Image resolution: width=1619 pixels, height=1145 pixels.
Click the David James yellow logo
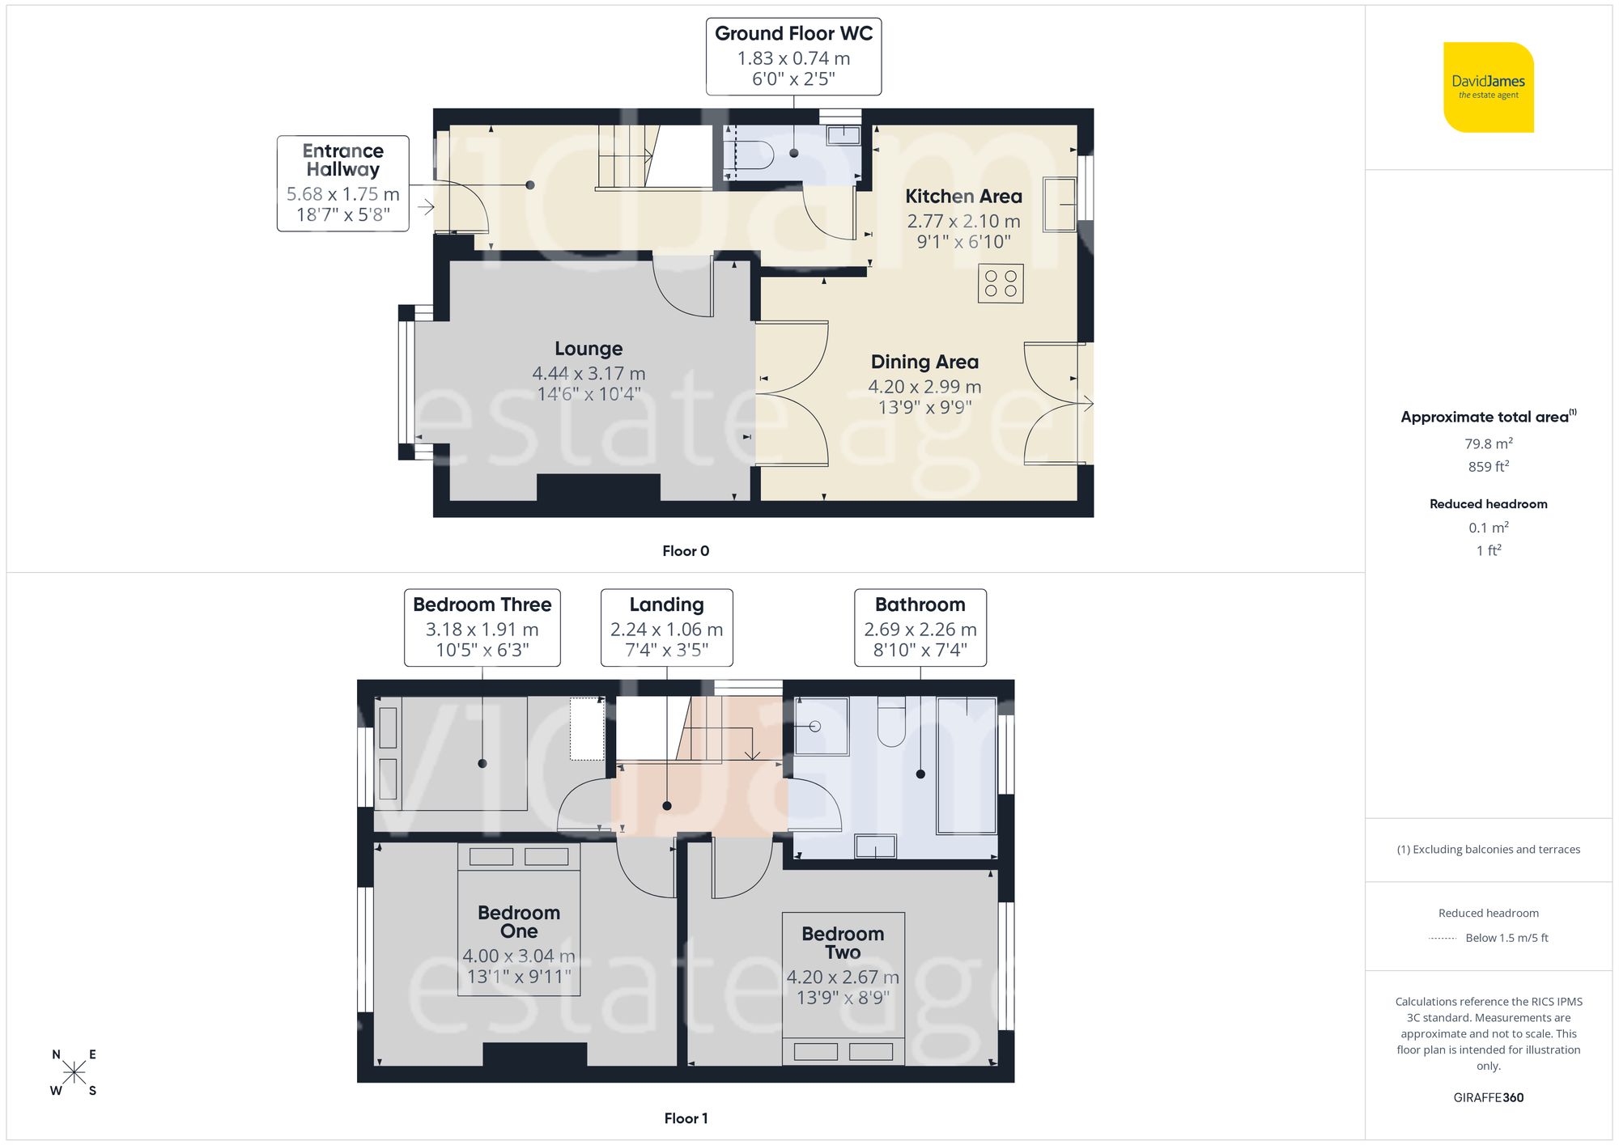pos(1488,87)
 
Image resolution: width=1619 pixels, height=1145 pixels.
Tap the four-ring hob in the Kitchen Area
pos(1001,284)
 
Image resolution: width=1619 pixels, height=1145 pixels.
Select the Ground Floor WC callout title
pos(793,34)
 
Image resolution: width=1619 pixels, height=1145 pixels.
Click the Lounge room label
pos(589,349)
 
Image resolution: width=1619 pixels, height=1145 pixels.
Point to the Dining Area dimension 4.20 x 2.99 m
pos(924,387)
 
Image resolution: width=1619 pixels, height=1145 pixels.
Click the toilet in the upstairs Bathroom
pos(891,723)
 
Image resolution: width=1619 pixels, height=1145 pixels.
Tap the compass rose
pos(74,1073)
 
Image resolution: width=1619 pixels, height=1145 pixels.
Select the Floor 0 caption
pos(686,551)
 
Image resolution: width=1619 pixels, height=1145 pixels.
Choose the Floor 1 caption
pos(686,1118)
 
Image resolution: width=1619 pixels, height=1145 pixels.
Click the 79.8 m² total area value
pos(1488,443)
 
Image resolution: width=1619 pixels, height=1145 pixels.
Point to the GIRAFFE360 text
pos(1488,1097)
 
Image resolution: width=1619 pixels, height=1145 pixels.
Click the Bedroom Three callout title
pos(482,604)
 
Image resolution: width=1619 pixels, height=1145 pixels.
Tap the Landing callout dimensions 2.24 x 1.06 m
pos(666,630)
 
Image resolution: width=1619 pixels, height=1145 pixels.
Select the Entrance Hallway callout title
pos(342,160)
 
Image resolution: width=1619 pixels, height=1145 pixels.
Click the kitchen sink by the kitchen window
pos(1059,204)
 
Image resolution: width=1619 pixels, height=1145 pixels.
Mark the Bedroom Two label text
pos(843,943)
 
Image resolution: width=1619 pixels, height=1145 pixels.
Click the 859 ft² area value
pos(1488,467)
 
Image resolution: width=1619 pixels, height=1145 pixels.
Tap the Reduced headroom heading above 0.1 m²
pos(1488,504)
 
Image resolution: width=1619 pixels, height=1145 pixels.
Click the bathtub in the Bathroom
pos(966,765)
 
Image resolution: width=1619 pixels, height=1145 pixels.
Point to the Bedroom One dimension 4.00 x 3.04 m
pos(518,956)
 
